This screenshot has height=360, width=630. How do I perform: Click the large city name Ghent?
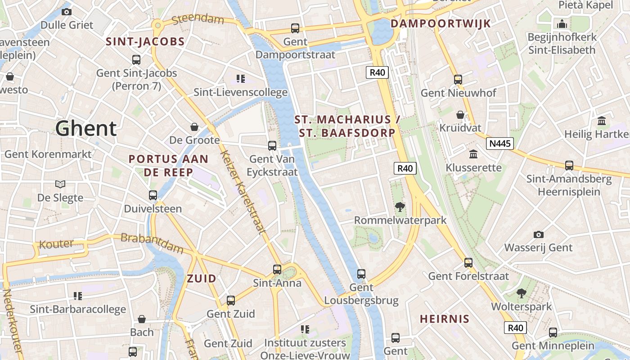[x=86, y=129]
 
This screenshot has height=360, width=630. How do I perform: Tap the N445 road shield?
[x=499, y=144]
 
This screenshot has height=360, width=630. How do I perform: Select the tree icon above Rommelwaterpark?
[x=400, y=207]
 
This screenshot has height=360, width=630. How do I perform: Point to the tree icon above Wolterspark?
[x=521, y=293]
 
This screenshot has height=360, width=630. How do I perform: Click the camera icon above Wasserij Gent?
[x=538, y=234]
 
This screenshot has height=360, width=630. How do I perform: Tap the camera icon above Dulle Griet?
[x=67, y=12]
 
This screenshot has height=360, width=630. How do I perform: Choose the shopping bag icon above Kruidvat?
[x=460, y=115]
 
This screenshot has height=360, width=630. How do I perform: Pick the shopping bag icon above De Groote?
[x=194, y=127]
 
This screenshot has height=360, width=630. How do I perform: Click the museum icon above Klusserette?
[x=473, y=154]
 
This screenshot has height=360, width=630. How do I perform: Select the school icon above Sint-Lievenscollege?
[x=240, y=79]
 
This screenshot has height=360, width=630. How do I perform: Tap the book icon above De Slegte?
[x=60, y=184]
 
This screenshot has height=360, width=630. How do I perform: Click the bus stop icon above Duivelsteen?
[x=153, y=195]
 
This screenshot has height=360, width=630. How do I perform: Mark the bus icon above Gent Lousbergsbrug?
[x=361, y=274]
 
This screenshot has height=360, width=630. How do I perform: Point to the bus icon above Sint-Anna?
[x=277, y=270]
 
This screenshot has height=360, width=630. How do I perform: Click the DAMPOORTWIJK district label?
[x=441, y=24]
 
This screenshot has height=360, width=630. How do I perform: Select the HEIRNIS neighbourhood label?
[x=445, y=319]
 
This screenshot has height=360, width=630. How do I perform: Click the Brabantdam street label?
[x=152, y=243]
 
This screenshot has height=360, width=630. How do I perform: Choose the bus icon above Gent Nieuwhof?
[x=458, y=80]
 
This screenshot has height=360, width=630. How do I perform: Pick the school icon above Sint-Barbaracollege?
[x=78, y=296]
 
